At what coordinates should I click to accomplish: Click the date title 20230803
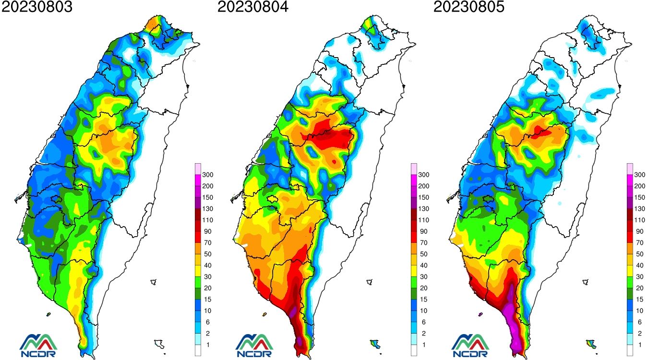pos(36,7)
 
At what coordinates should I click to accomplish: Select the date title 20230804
pos(253,7)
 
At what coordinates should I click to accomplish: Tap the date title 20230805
pos(469,7)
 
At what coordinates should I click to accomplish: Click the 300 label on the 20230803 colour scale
pos(208,175)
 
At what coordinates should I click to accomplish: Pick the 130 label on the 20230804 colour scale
pos(424,209)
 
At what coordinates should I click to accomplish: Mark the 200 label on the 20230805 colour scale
pos(640,186)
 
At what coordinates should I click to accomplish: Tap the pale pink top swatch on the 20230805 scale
pos(630,168)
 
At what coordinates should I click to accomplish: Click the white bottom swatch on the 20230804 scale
pos(414,350)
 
